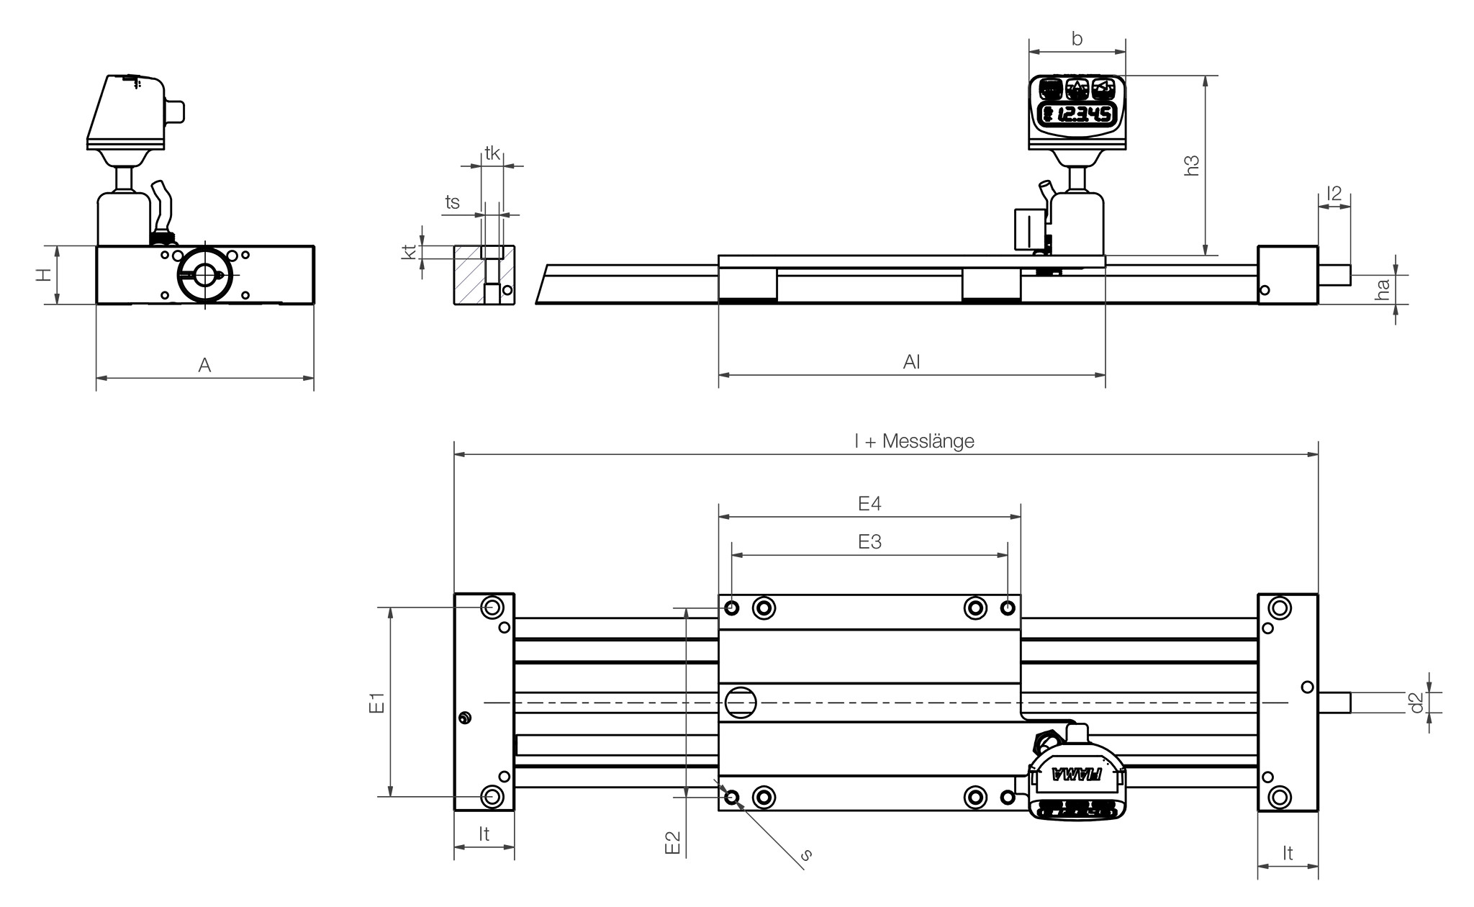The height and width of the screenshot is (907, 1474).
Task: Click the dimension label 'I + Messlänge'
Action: pos(914,441)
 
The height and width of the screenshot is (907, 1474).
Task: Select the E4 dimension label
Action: pos(869,504)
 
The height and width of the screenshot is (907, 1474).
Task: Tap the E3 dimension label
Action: pos(869,541)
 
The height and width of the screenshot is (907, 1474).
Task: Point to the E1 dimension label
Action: pos(377,703)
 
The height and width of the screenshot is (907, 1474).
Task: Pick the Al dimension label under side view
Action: pos(911,362)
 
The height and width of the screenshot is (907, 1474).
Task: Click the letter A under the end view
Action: pos(204,366)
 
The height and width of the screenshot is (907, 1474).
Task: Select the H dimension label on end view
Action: pos(45,275)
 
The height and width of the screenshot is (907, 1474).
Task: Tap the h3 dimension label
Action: pos(1192,166)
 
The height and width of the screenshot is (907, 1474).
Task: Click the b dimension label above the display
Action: pos(1077,39)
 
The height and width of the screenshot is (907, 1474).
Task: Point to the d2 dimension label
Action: pos(1416,703)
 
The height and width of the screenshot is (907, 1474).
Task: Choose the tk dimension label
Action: pos(492,153)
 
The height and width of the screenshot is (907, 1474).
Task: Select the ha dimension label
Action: pos(1382,290)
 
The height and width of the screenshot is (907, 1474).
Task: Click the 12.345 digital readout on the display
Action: pos(1077,114)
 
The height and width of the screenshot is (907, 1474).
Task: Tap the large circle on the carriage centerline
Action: pos(741,702)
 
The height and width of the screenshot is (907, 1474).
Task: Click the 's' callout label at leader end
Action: pos(807,855)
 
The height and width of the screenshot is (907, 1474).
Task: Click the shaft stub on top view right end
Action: pos(1334,702)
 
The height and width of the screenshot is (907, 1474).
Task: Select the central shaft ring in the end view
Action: pos(204,275)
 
